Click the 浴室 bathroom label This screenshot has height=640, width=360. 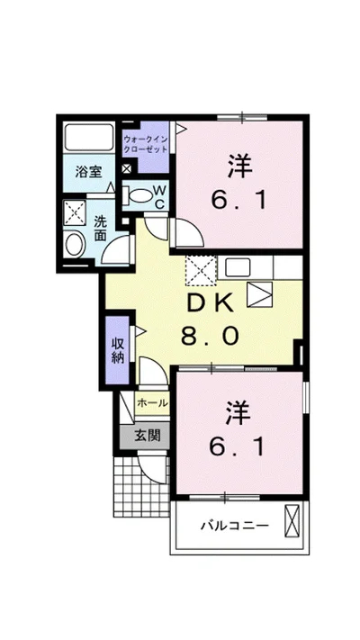88,172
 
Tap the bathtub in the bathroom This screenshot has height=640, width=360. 88,137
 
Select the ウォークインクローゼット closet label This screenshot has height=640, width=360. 146,143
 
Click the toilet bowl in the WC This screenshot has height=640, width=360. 141,195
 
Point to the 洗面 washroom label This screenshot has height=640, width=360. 100,228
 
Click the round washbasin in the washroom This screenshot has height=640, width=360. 74,244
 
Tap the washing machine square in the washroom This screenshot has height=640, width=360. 75,212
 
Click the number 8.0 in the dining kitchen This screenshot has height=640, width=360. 210,338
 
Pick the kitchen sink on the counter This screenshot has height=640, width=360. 238,267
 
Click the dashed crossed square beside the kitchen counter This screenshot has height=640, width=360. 201,270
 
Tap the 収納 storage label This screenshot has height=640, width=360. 118,350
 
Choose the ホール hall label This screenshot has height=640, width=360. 152,403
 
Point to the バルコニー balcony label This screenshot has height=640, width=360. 234,525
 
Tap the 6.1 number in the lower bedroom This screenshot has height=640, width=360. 238,447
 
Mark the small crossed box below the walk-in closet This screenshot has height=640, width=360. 127,168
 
